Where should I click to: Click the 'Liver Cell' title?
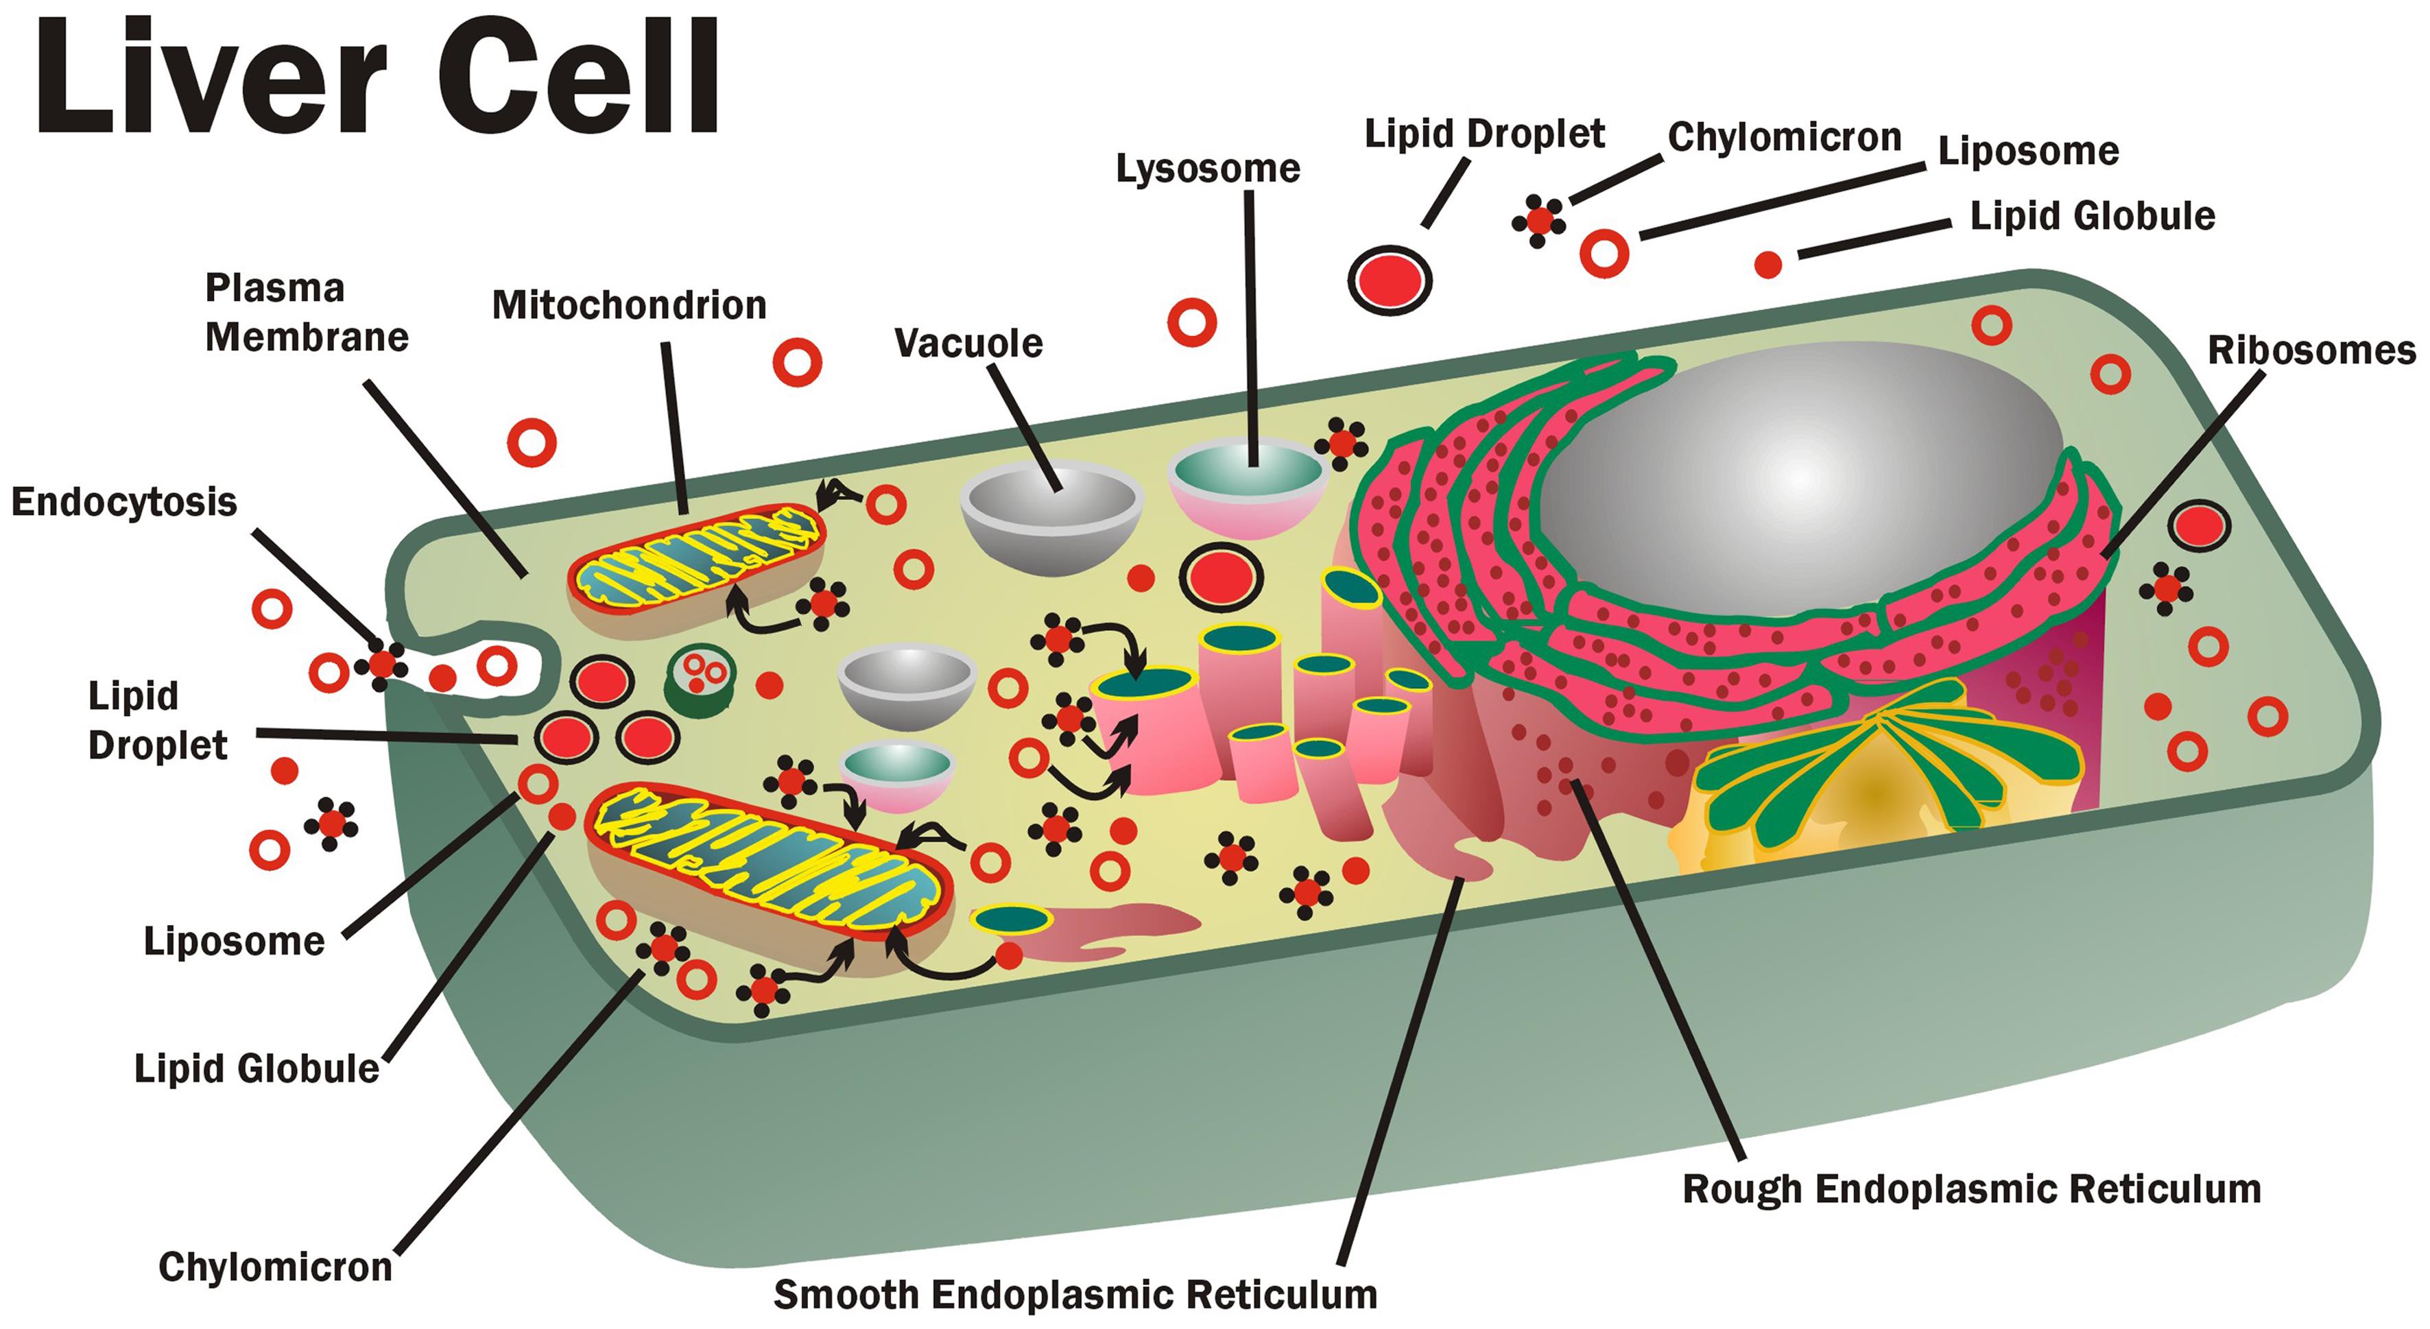click(377, 77)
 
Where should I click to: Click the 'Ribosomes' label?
click(2311, 351)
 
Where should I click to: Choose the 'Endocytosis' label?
click(123, 502)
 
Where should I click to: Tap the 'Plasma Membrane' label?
click(307, 312)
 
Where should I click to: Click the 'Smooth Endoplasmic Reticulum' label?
click(1075, 1295)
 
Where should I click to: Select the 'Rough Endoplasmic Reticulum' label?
click(1972, 1189)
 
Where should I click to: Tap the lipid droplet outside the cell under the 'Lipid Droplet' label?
click(1390, 280)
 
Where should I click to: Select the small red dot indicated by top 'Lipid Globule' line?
click(1767, 265)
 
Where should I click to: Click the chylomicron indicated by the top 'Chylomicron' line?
click(1538, 221)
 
